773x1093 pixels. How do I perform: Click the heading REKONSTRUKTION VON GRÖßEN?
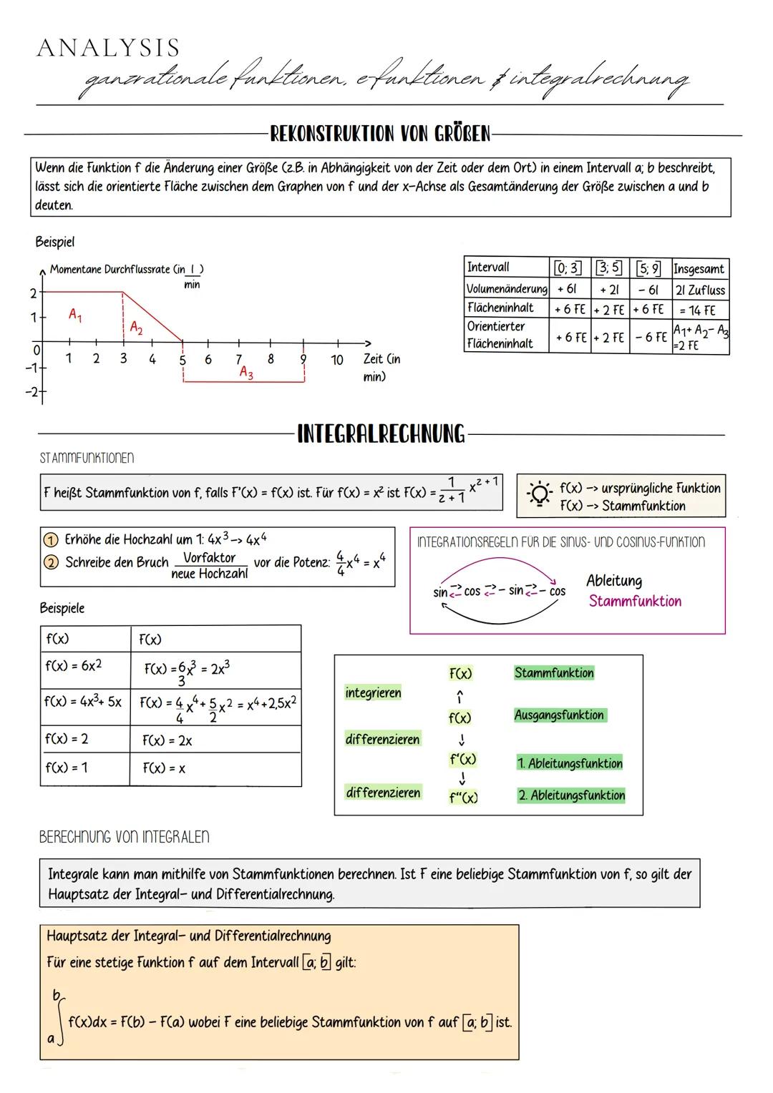click(x=380, y=134)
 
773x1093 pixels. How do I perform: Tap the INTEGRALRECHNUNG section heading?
click(x=380, y=433)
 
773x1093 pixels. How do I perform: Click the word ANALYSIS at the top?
click(x=108, y=48)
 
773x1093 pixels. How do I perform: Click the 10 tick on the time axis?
click(x=336, y=360)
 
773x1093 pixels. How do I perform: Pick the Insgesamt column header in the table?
click(x=699, y=269)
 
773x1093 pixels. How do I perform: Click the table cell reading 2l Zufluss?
click(x=700, y=290)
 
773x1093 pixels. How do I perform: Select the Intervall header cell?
click(x=488, y=267)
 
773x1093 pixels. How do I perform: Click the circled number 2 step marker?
click(x=51, y=562)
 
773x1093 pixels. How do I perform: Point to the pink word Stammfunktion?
click(x=635, y=601)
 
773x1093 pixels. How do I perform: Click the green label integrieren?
click(x=373, y=692)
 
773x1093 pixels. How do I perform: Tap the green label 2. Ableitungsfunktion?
click(x=570, y=795)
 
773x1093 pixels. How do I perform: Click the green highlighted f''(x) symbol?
click(x=463, y=797)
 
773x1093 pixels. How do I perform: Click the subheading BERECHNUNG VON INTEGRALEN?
click(x=124, y=836)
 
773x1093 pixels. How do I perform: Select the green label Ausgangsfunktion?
click(x=559, y=715)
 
